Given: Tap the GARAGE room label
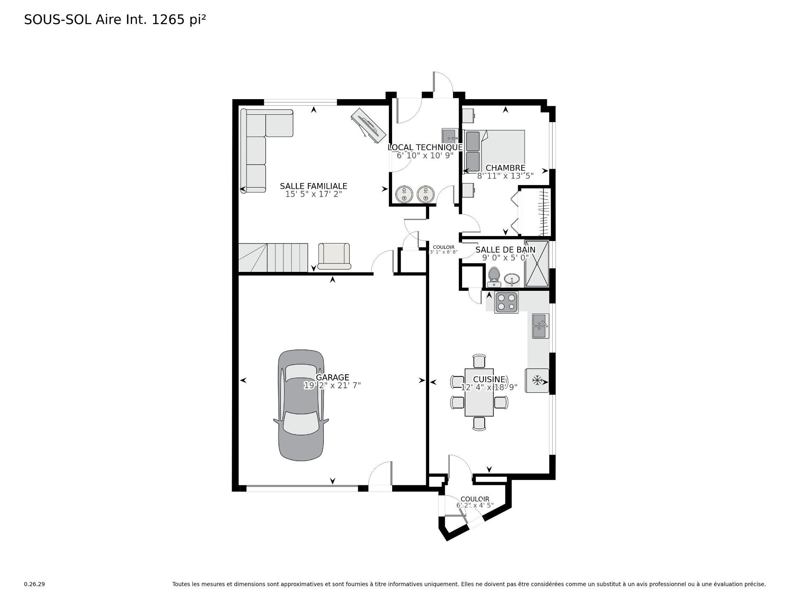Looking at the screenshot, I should point(332,377).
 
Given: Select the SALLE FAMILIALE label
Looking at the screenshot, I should point(314,186).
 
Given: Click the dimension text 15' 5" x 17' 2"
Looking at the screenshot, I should point(314,194).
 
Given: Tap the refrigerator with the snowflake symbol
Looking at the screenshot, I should point(537,380).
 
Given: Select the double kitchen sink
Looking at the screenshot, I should point(540,326).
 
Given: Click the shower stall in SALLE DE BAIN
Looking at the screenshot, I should point(537,263).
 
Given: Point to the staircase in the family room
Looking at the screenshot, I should point(273,257).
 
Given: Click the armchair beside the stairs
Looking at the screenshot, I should point(334,256).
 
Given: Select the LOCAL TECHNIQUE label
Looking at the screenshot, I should point(425,147).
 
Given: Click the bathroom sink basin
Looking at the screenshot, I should point(512,280).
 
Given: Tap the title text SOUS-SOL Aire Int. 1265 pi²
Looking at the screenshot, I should point(115,20).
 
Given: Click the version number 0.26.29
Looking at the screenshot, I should point(34,584).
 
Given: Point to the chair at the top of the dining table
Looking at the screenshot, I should point(479,361).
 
